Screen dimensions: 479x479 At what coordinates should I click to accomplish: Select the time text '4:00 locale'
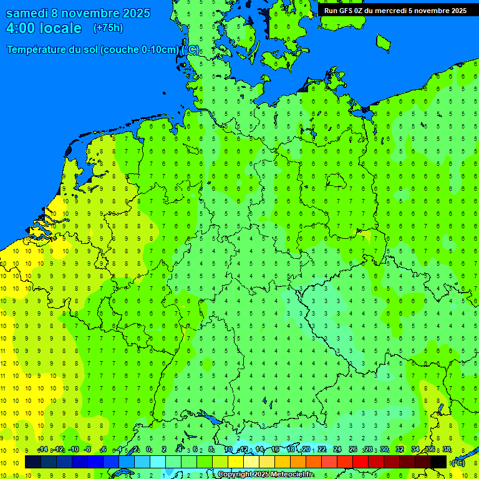(x=44, y=28)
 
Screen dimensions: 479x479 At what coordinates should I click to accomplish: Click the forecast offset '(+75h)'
(x=108, y=28)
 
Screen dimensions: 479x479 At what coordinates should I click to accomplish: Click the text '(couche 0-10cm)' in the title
(x=140, y=50)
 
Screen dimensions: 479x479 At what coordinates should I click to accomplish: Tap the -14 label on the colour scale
(x=42, y=450)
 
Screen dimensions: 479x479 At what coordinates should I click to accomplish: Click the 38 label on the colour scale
(x=447, y=450)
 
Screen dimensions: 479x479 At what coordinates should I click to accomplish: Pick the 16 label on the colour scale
(x=275, y=450)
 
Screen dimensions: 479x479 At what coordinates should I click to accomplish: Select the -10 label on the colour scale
(x=73, y=450)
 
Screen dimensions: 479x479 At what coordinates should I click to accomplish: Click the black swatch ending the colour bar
(x=438, y=462)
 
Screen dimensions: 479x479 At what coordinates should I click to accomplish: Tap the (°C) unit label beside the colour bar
(x=457, y=463)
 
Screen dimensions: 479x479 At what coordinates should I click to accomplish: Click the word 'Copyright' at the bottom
(x=235, y=475)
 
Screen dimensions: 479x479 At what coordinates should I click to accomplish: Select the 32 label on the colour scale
(x=400, y=450)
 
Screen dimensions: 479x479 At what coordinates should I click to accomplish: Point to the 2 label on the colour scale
(x=163, y=450)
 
